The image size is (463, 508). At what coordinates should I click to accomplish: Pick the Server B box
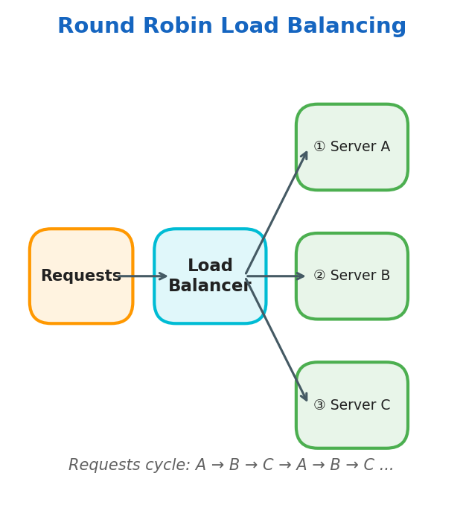tap(352, 298)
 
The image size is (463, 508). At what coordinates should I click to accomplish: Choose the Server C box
tap(352, 428)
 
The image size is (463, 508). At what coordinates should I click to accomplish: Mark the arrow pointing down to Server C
tap(276, 340)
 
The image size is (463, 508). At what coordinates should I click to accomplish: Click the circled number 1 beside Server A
tap(319, 147)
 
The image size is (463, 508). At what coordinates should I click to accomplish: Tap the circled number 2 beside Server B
tap(319, 276)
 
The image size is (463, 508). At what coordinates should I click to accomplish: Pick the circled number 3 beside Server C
tap(319, 405)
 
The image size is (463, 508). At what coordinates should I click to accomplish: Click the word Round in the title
tap(96, 27)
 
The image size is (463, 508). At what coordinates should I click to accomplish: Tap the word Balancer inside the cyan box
tap(210, 286)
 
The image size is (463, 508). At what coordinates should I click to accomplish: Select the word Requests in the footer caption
tap(103, 466)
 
